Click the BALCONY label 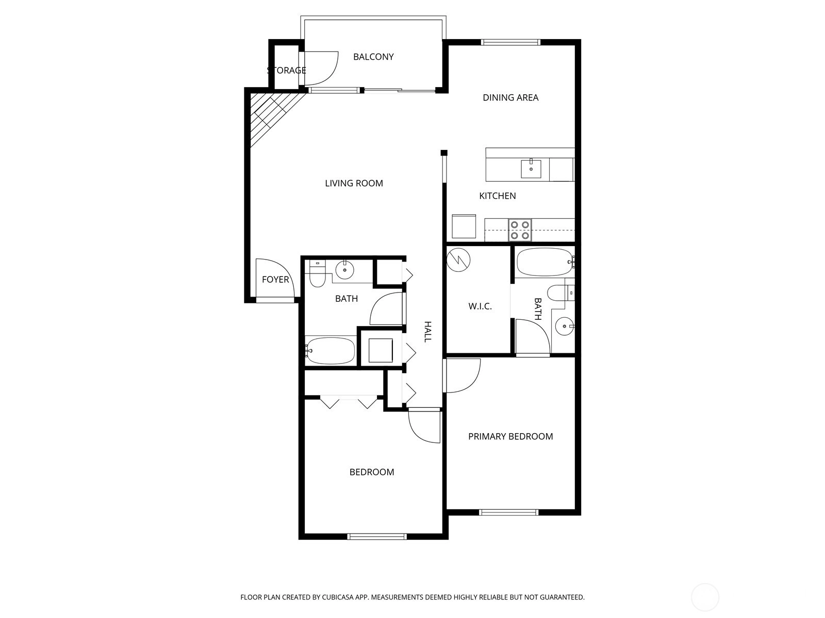click(x=373, y=57)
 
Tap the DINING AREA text click(x=510, y=97)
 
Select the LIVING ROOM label click(x=354, y=183)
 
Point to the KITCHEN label click(x=497, y=196)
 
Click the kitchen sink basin click(x=531, y=169)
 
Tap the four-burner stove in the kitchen click(x=520, y=230)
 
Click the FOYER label click(x=275, y=279)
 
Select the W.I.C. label click(x=480, y=306)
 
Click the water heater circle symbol click(x=458, y=260)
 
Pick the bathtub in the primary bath click(x=544, y=262)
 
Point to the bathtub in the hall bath click(x=330, y=351)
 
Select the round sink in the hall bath click(x=344, y=269)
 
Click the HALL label click(x=428, y=332)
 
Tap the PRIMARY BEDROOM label click(x=510, y=436)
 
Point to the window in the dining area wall click(x=510, y=42)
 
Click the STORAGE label click(x=286, y=70)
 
